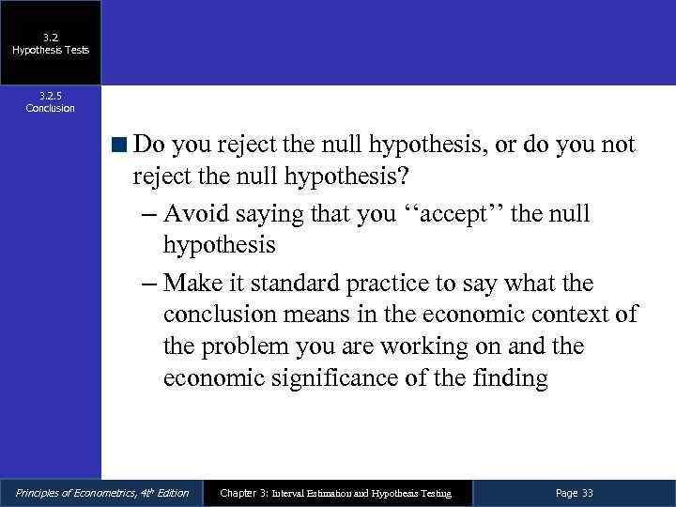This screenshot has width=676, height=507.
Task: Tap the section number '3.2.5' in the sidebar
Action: tap(50, 95)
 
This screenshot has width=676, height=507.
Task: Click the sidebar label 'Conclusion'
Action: tap(50, 108)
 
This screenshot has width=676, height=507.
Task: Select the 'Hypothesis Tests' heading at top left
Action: tap(50, 50)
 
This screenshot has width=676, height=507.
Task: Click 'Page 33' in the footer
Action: tap(574, 493)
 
